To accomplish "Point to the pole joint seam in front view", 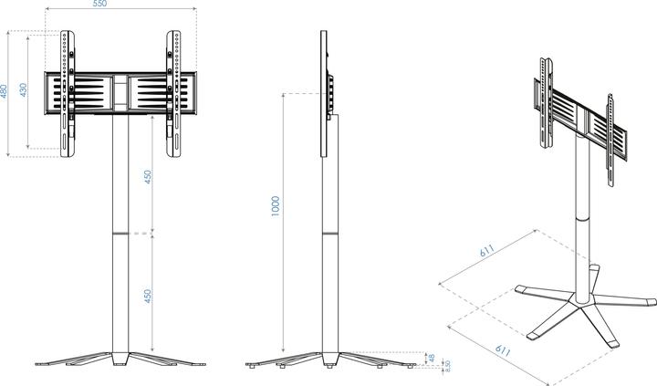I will (x=120, y=235).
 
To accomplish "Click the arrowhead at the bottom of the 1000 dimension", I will (x=285, y=351).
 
